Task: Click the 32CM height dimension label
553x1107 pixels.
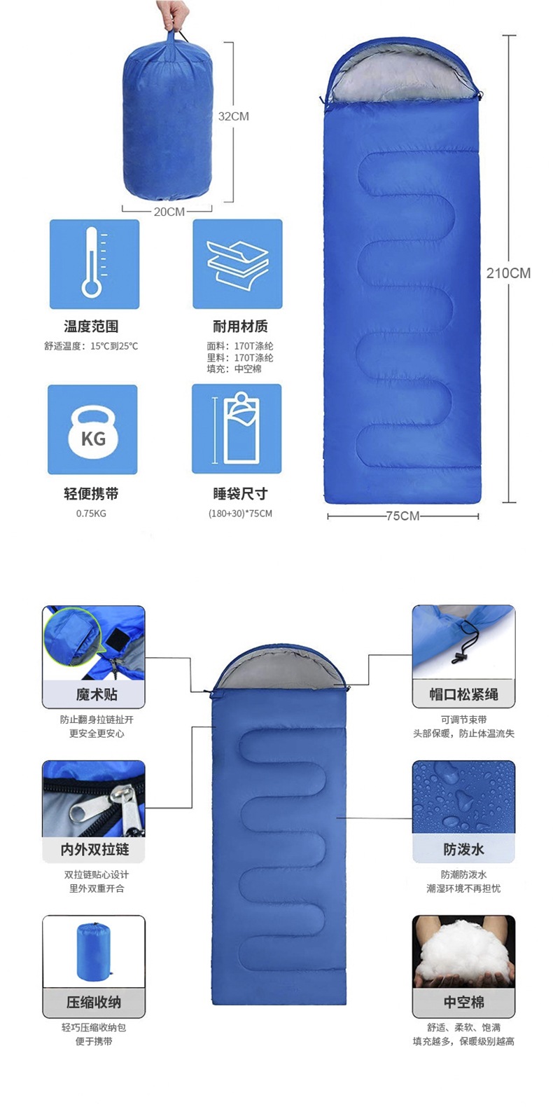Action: click(x=233, y=116)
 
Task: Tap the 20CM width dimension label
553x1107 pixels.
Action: click(x=169, y=212)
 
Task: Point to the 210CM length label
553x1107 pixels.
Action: click(x=508, y=273)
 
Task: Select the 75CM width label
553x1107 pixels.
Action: click(x=402, y=516)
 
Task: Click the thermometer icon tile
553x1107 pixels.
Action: click(x=94, y=264)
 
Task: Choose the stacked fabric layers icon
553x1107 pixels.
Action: click(x=237, y=264)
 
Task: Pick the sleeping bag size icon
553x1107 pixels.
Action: click(x=237, y=429)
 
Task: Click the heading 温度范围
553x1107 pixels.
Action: click(x=91, y=326)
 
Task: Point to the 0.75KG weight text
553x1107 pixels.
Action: click(x=91, y=514)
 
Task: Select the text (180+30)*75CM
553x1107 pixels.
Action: click(x=240, y=514)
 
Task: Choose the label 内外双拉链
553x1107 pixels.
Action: click(x=94, y=850)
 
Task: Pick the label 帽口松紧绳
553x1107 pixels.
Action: click(x=463, y=694)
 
